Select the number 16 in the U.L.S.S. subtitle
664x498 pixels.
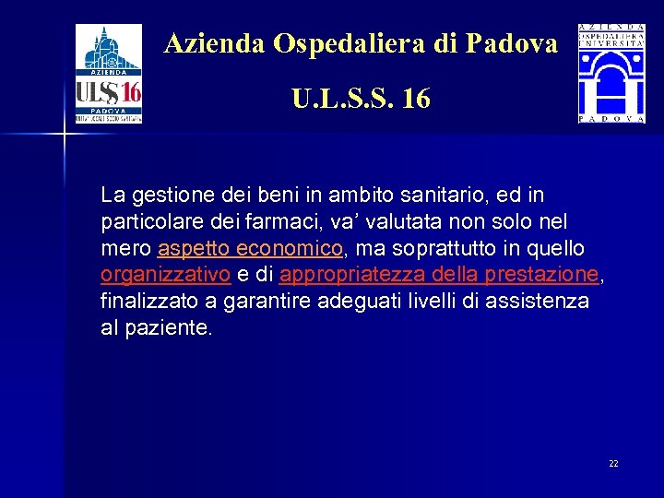[x=416, y=99]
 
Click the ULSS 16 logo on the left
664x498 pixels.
[x=109, y=74]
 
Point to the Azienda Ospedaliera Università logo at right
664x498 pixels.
[x=611, y=74]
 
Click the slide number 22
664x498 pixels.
[x=613, y=463]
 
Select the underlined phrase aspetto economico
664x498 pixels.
[x=250, y=249]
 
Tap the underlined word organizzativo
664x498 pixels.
[x=165, y=275]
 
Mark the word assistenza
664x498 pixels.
[x=539, y=302]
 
